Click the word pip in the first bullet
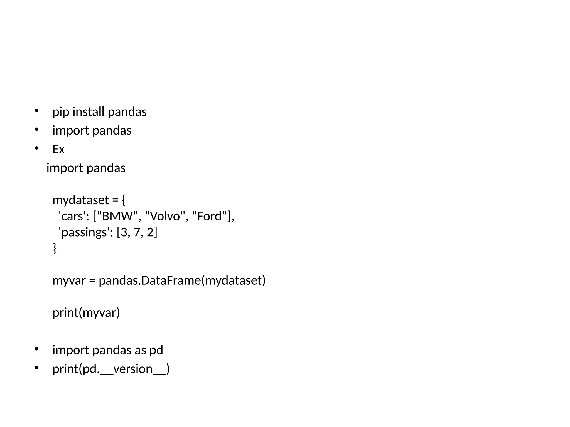(x=61, y=112)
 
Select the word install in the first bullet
(x=88, y=112)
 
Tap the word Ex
(x=58, y=150)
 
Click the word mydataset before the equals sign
(x=81, y=200)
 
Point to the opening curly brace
(x=124, y=200)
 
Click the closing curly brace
(x=55, y=248)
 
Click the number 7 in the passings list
(x=137, y=232)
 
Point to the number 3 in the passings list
(x=124, y=232)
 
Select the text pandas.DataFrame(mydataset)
(x=182, y=280)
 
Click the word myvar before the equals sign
(x=69, y=281)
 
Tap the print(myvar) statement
(x=86, y=313)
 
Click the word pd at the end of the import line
(x=156, y=350)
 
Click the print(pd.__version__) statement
(x=111, y=369)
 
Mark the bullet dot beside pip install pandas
(x=36, y=111)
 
